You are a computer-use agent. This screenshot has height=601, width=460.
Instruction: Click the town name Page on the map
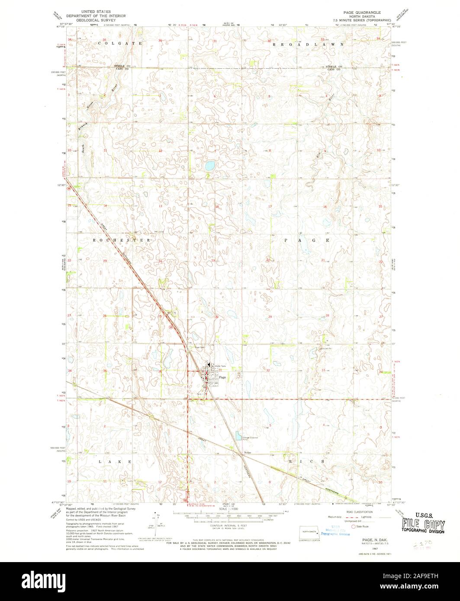click(x=222, y=377)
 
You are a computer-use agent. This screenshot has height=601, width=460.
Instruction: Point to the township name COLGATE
click(x=114, y=44)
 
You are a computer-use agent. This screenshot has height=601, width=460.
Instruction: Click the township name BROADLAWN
click(x=309, y=44)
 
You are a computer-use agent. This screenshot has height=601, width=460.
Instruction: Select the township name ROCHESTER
click(x=122, y=240)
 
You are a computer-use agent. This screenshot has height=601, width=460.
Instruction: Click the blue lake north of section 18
click(x=210, y=165)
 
